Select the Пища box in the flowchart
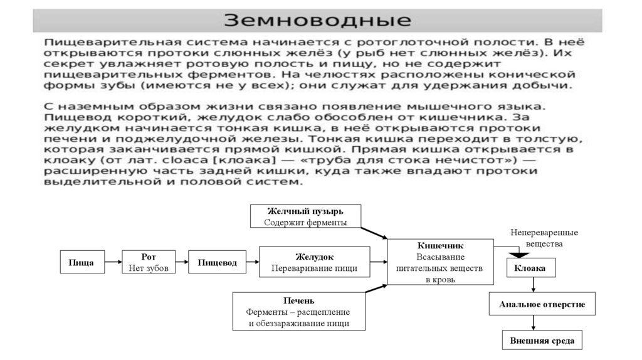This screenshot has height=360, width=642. pyautogui.click(x=81, y=263)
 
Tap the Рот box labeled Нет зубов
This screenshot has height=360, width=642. pyautogui.click(x=149, y=263)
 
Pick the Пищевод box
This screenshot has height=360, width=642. pyautogui.click(x=217, y=263)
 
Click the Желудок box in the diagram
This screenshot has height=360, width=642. pyautogui.click(x=314, y=263)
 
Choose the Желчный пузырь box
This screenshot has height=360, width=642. pyautogui.click(x=305, y=216)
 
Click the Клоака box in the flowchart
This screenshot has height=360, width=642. pyautogui.click(x=530, y=268)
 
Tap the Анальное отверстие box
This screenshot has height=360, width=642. pyautogui.click(x=542, y=304)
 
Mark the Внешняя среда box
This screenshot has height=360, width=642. pyautogui.click(x=542, y=341)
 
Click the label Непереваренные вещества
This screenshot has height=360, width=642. pyautogui.click(x=544, y=238)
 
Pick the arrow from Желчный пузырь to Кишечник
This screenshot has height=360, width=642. pyautogui.click(x=374, y=233)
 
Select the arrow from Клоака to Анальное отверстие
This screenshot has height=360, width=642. pyautogui.click(x=533, y=285)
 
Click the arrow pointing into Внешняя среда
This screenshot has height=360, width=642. pyautogui.click(x=533, y=322)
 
